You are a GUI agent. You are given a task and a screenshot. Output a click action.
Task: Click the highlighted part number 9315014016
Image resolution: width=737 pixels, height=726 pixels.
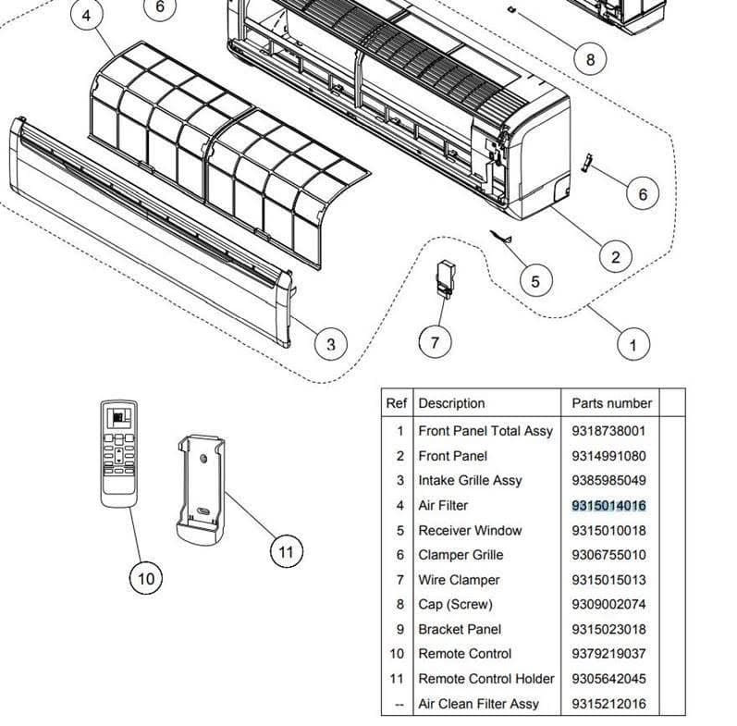[x=608, y=505]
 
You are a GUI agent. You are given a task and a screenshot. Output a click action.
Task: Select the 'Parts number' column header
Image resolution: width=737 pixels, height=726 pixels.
[x=611, y=403]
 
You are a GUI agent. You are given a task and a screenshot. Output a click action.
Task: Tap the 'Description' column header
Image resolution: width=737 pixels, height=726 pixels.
[x=451, y=403]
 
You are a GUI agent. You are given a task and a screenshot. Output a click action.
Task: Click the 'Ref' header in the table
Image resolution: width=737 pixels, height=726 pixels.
[x=396, y=403]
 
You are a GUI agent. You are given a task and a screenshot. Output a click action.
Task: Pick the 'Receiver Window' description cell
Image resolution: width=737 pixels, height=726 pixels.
[x=470, y=530]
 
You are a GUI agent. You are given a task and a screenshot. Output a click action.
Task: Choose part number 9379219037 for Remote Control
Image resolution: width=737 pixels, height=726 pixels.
[x=608, y=653]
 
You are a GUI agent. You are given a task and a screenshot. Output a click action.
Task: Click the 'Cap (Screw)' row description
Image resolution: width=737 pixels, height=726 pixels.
[x=455, y=604]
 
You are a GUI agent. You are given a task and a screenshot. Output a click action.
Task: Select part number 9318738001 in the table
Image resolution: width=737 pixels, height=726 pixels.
[x=608, y=430]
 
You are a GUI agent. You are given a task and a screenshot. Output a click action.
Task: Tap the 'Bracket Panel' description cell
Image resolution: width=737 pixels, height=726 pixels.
[x=460, y=629]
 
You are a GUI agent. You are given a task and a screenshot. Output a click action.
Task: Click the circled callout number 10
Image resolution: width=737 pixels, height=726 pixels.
[x=146, y=579]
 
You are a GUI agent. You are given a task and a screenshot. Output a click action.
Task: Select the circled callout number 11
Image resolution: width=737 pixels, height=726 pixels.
[x=286, y=552]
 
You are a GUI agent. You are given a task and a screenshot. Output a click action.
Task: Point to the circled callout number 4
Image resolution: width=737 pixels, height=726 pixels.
[x=87, y=17]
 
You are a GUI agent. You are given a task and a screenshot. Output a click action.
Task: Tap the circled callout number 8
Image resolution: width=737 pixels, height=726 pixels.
[x=590, y=59]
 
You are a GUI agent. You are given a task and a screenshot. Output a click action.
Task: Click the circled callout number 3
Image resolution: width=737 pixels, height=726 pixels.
[x=330, y=345]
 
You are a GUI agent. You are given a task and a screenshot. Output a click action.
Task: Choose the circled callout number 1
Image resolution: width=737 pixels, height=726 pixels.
[x=633, y=345]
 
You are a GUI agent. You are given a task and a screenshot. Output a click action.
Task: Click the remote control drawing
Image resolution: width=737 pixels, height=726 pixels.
[x=120, y=451]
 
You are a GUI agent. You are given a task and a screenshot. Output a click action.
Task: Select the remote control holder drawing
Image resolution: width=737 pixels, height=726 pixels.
[x=201, y=487]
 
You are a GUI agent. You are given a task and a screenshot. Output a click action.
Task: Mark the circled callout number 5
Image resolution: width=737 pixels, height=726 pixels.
[x=535, y=279]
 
